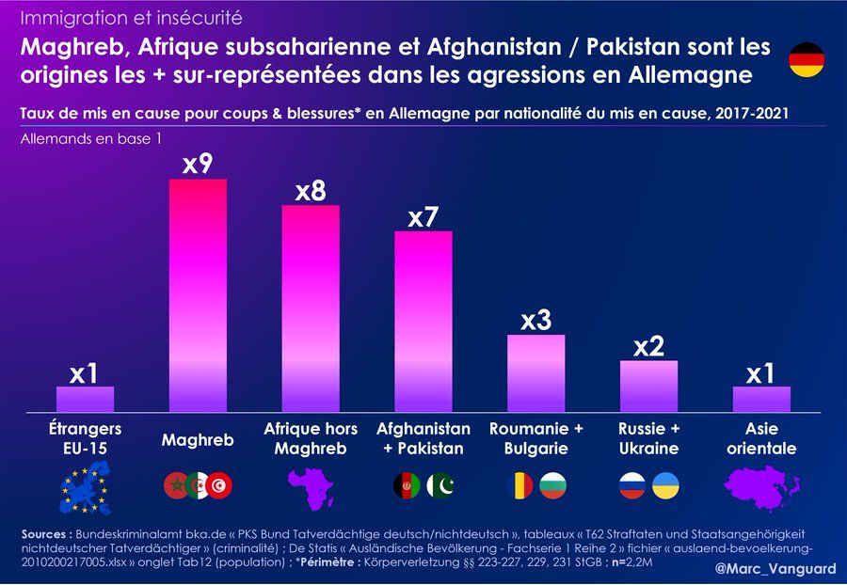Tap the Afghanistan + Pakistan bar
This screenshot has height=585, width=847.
[423, 321]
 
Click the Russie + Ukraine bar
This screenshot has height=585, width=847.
[648, 386]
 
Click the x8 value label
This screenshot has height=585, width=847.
[311, 191]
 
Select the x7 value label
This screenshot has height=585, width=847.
[423, 217]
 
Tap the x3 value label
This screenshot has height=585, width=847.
[535, 321]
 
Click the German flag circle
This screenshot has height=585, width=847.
[806, 59]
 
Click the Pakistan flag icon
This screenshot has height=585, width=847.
[440, 485]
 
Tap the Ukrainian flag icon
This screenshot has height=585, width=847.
[665, 485]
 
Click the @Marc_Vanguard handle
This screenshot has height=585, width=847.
[775, 569]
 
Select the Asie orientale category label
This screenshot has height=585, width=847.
[761, 439]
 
